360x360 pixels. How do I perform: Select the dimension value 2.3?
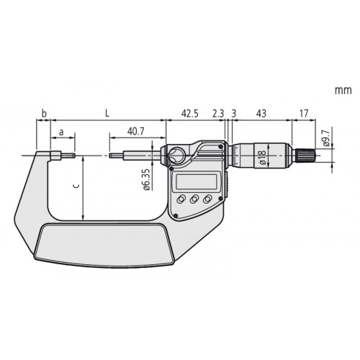pyautogui.click(x=219, y=114)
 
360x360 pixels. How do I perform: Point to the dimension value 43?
pyautogui.click(x=261, y=114)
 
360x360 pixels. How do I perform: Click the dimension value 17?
pyautogui.click(x=305, y=114)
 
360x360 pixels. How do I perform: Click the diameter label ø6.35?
pyautogui.click(x=146, y=179)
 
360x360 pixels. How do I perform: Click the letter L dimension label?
pyautogui.click(x=107, y=114)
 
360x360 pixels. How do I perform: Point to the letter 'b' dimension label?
pyautogui.click(x=44, y=114)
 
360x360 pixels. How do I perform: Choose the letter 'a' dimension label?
pyautogui.click(x=61, y=132)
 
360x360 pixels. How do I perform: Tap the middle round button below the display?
pyautogui.click(x=194, y=199)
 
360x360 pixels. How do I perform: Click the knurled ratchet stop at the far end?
pyautogui.click(x=305, y=155)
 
